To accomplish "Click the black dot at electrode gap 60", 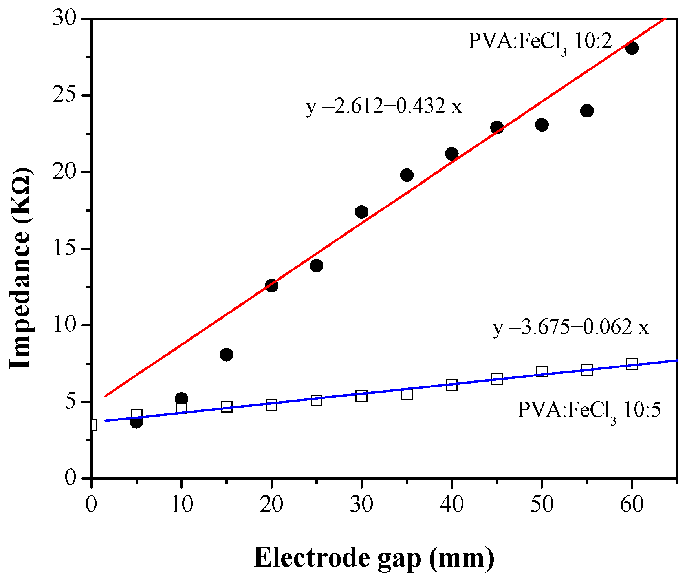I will [x=632, y=48].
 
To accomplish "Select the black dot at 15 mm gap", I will [x=227, y=355].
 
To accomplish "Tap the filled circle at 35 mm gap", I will [x=407, y=175].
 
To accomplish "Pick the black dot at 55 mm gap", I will [x=587, y=111].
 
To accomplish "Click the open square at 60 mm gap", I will [x=632, y=364].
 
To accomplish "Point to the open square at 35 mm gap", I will [x=407, y=394].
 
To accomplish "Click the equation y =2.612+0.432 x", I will [x=384, y=106].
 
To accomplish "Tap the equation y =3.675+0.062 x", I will [x=570, y=327].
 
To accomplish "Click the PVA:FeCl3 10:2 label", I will [x=540, y=42].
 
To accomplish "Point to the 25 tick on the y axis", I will [x=64, y=95].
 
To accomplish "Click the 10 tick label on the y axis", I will [x=64, y=325].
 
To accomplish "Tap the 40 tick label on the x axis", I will [x=452, y=504].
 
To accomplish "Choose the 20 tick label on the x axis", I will [x=271, y=504].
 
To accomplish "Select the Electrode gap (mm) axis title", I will [x=374, y=557].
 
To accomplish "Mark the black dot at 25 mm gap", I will [x=317, y=265].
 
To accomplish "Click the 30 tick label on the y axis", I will [x=64, y=18].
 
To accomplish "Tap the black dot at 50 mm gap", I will [x=542, y=125].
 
